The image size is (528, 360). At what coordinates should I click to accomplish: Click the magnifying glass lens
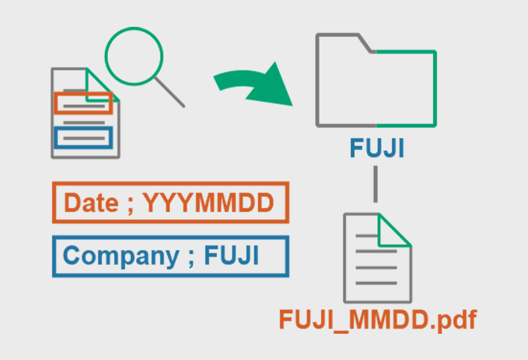(134, 55)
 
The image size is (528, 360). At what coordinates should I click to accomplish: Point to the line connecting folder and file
(376, 186)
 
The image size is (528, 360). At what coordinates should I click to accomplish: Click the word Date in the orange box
(91, 203)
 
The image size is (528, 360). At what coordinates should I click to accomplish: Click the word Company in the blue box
(121, 256)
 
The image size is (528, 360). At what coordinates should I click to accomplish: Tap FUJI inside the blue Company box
(231, 256)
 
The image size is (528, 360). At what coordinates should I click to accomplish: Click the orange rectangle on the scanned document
(83, 103)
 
